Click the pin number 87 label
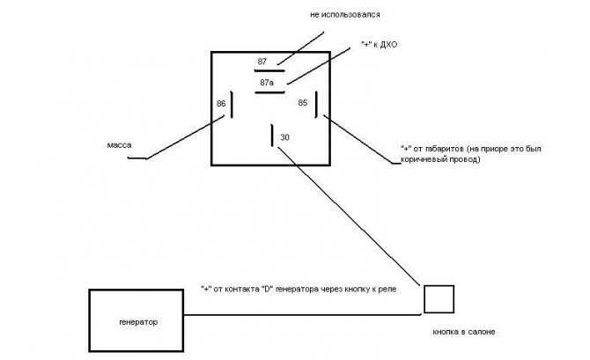coord(262,62)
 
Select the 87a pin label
coord(267,83)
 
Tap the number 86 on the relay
coord(221,104)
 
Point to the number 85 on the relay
coord(303,102)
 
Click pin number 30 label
coord(284,137)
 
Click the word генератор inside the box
coord(138,322)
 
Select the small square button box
coord(439,299)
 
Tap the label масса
coord(119,145)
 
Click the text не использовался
coord(345,15)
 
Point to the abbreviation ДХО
coord(388,45)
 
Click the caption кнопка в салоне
coord(464,332)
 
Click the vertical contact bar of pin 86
coord(232,105)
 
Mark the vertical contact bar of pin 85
coord(317,105)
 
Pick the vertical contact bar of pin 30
coord(272,136)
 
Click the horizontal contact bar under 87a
coord(269,92)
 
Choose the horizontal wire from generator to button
coord(302,315)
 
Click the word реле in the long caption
coord(388,290)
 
